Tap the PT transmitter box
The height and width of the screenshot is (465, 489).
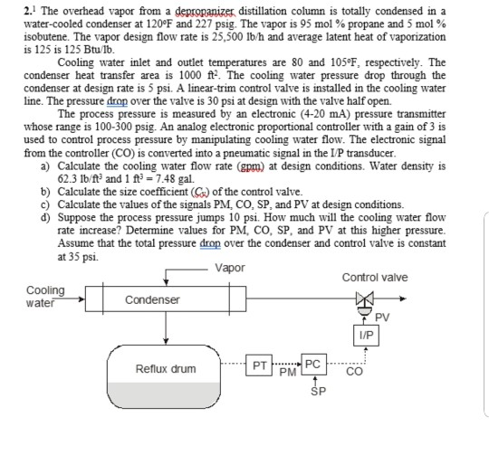pos(259,367)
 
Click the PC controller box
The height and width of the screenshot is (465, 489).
pos(312,365)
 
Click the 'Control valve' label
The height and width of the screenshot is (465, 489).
pos(375,277)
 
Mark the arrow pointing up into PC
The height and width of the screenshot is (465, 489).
pos(313,382)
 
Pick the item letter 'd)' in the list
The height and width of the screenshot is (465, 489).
pos(46,217)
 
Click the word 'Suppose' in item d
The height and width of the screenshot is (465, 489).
pos(79,217)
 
